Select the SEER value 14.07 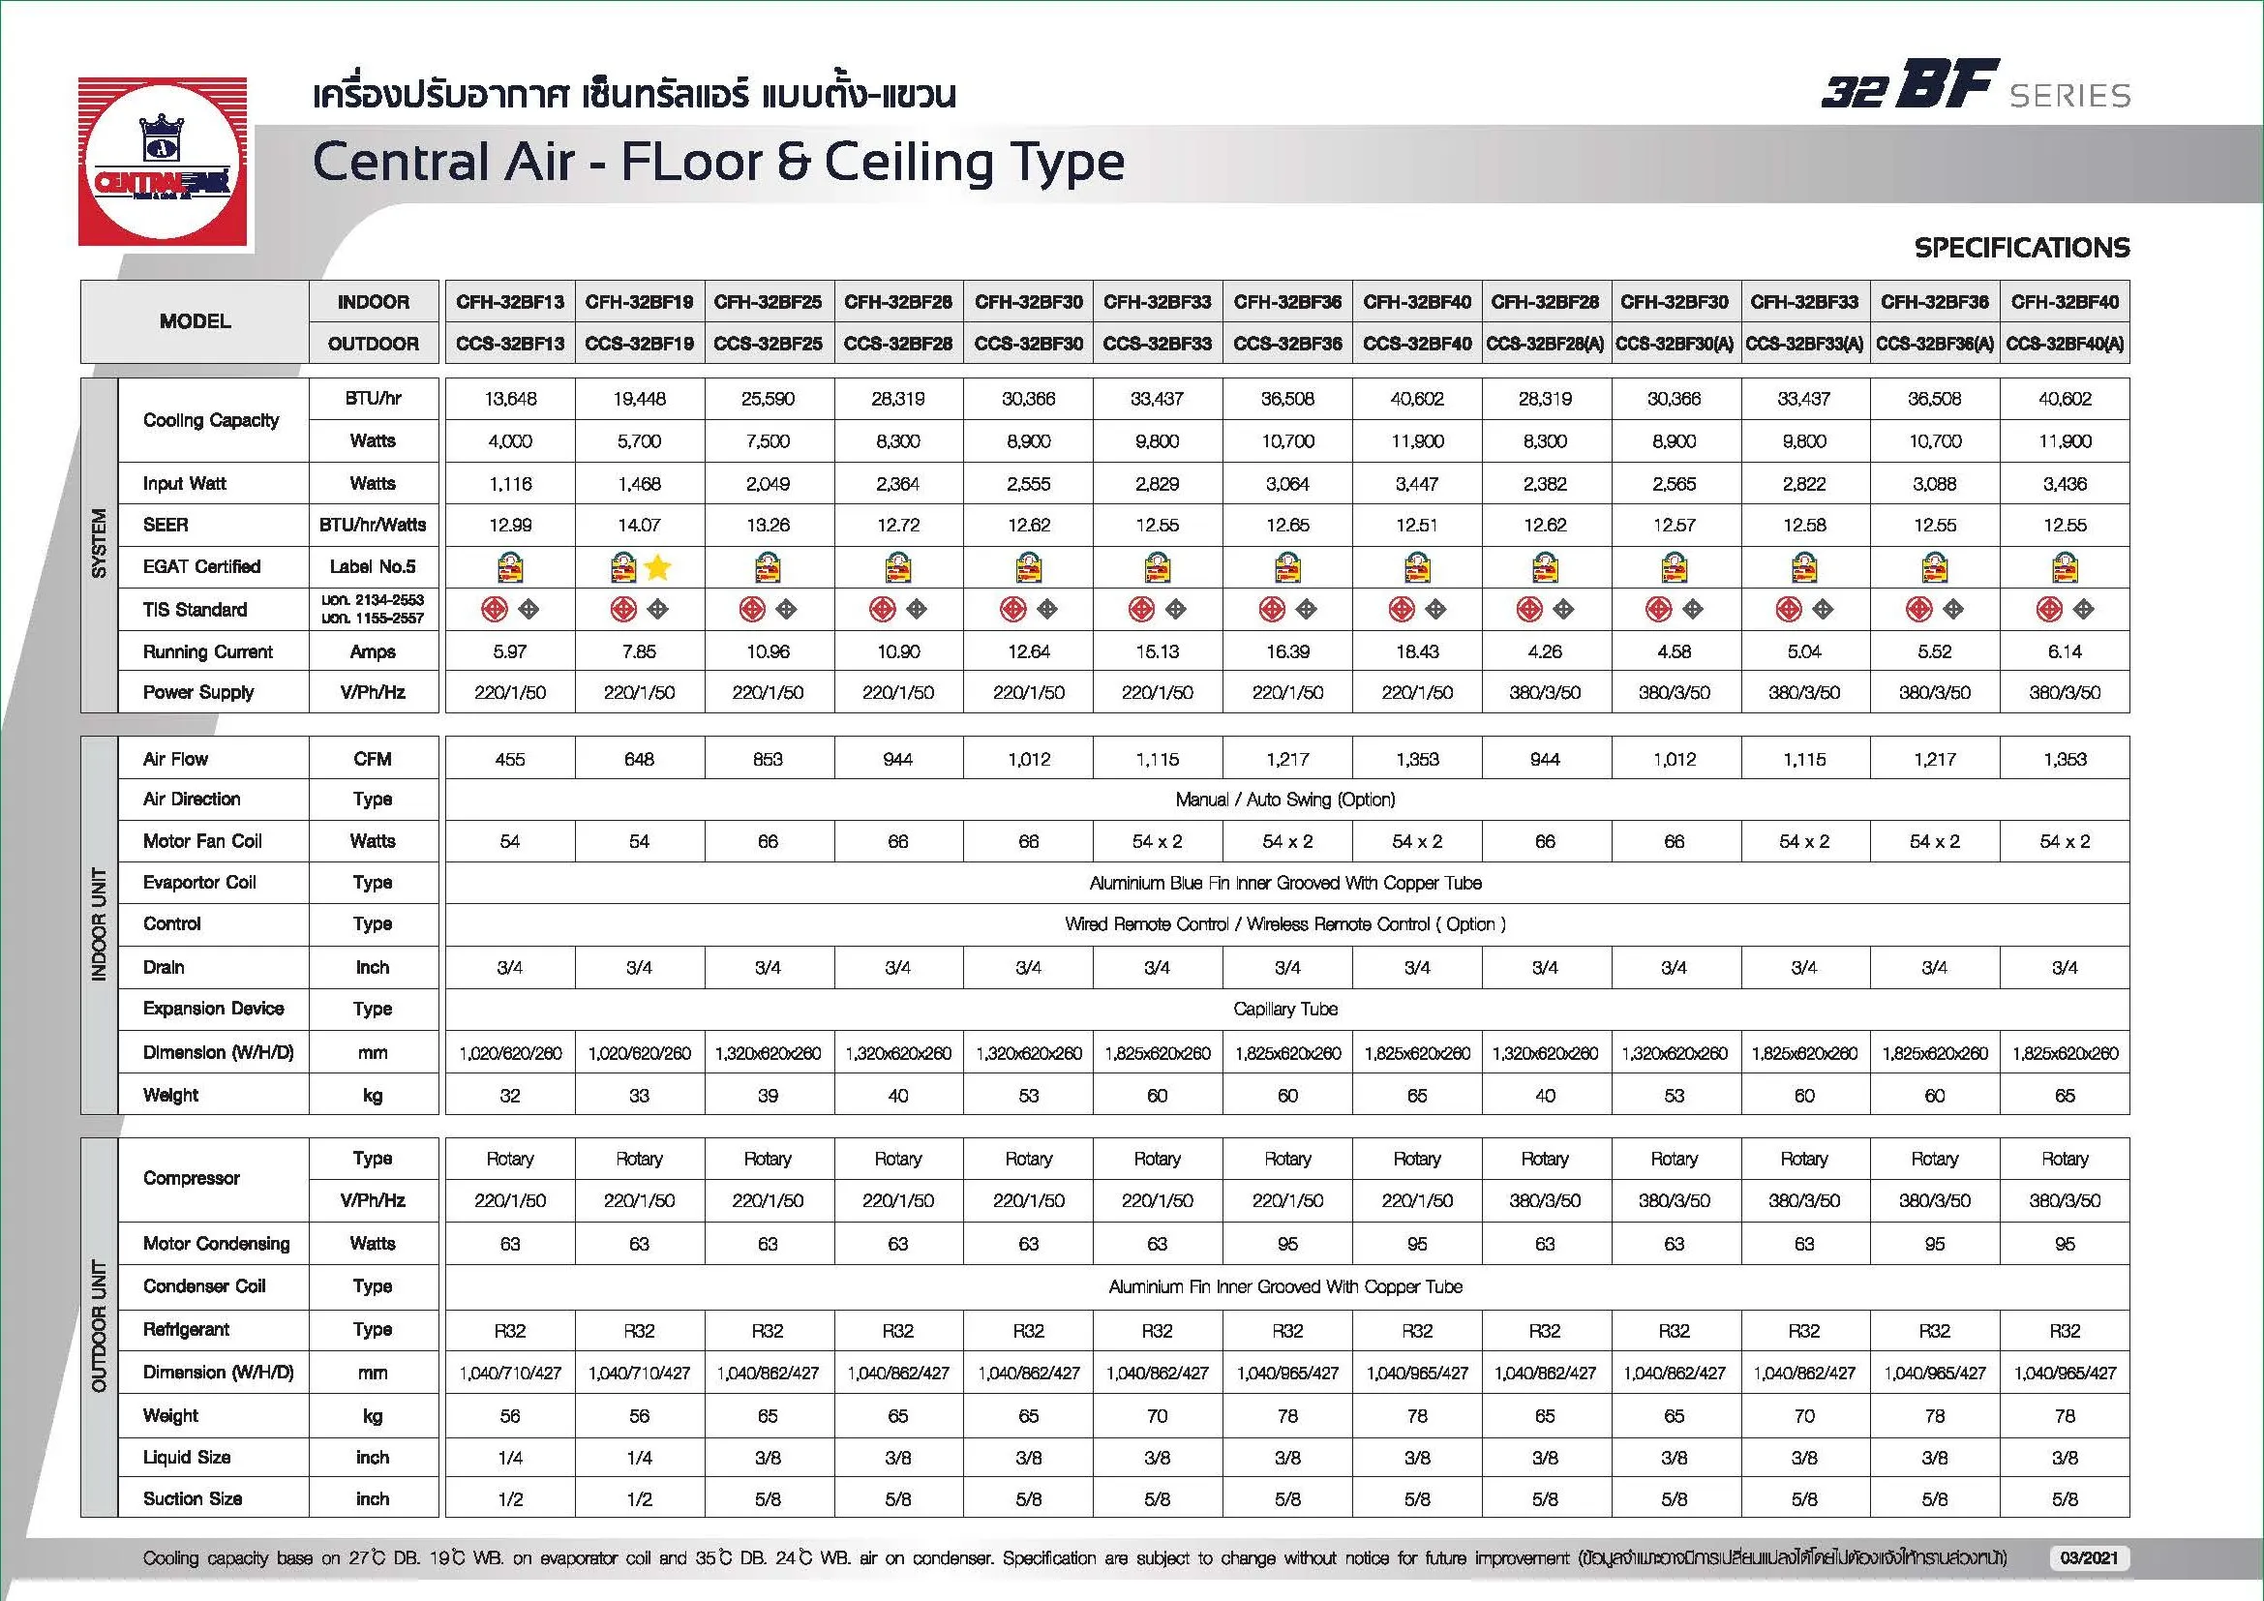coord(639,526)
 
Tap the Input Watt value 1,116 coord(510,484)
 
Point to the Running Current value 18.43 coord(1417,651)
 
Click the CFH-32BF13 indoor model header coord(510,302)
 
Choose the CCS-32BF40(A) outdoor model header coord(2065,344)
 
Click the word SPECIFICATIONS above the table coord(2021,248)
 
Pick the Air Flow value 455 coord(510,759)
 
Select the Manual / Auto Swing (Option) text coord(1284,800)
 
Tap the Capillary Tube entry coord(1284,1010)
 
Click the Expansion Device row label coord(213,1009)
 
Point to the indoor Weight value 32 coord(510,1096)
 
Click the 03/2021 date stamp coord(2089,1557)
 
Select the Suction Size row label coord(193,1498)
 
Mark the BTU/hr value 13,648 coord(510,399)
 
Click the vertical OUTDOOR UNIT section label coord(99,1326)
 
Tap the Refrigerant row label coord(186,1329)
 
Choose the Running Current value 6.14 coord(2065,651)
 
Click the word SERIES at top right coord(2069,96)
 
